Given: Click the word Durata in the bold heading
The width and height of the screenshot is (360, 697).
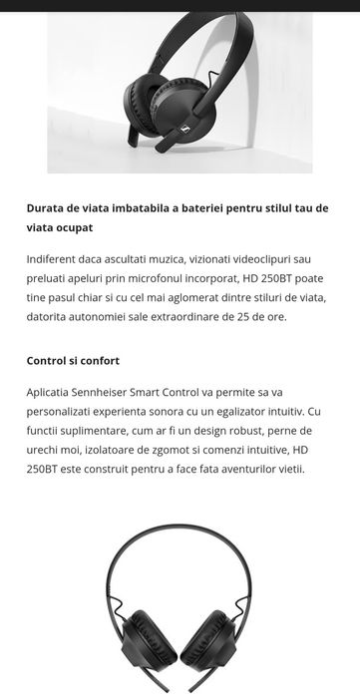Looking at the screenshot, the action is click(x=47, y=208).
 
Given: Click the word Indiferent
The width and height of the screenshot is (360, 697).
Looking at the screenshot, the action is click(x=54, y=258).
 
